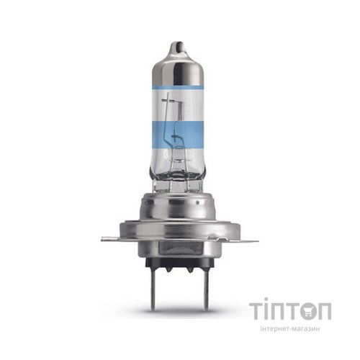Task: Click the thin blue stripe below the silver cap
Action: (178, 86)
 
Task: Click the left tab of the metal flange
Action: (110, 239)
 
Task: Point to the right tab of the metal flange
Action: (249, 239)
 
